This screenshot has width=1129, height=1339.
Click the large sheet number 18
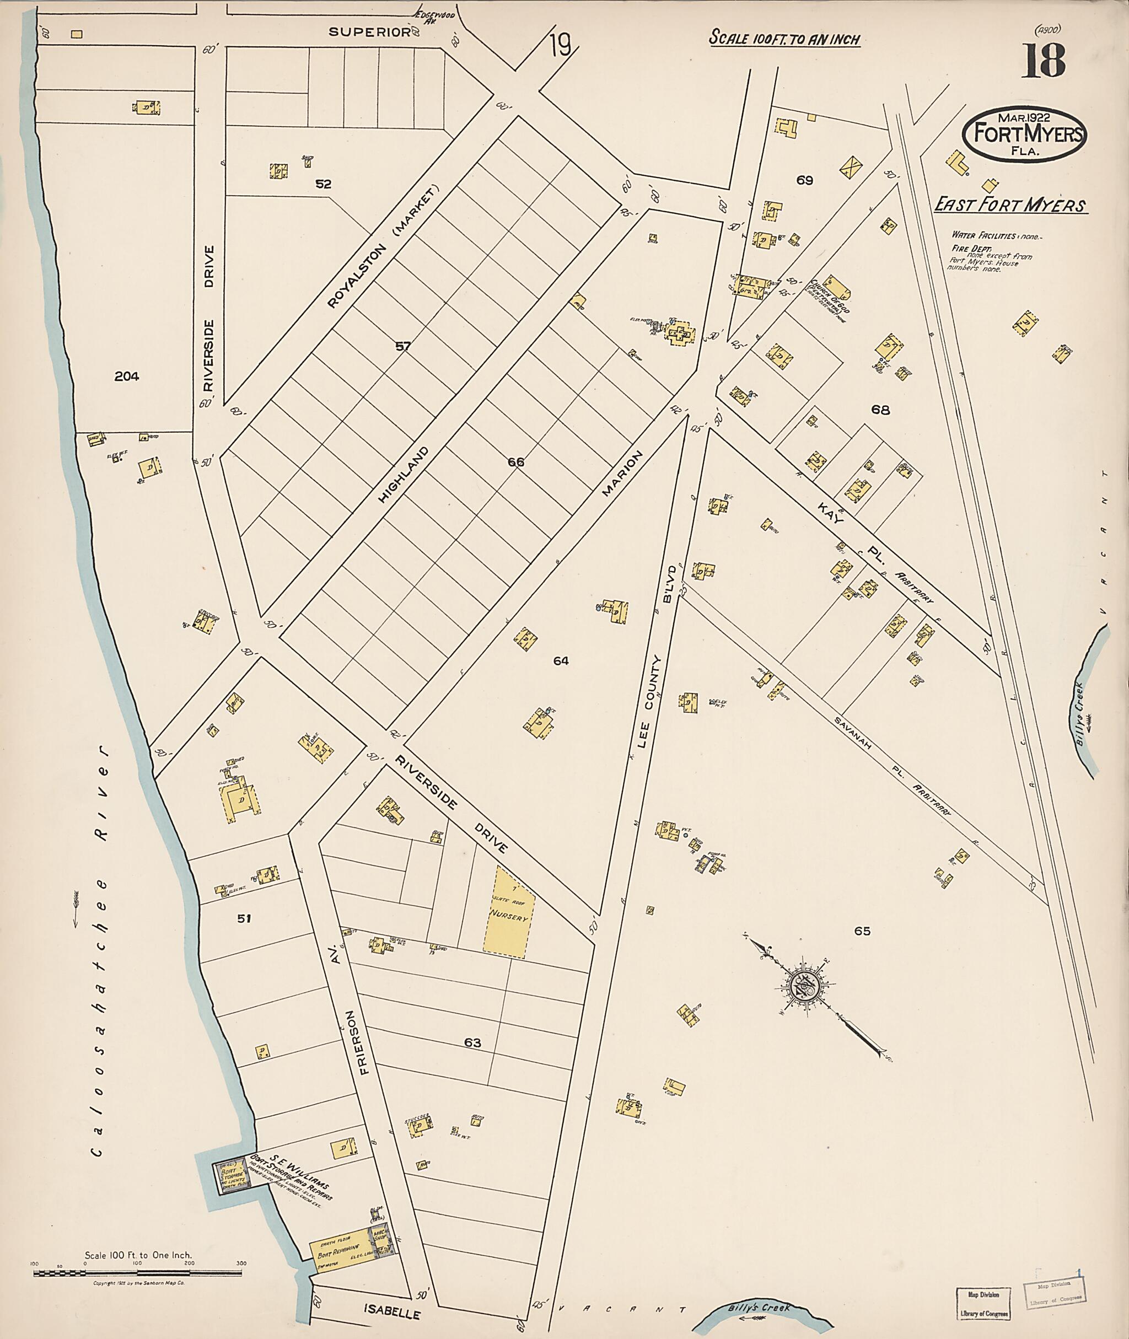[1042, 61]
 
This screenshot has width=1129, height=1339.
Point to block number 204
[127, 377]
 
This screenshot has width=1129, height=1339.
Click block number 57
[402, 346]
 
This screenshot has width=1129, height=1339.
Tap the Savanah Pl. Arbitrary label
[893, 765]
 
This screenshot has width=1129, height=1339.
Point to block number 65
[862, 931]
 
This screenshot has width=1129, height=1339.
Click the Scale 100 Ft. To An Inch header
[784, 39]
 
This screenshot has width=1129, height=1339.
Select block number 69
[804, 180]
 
